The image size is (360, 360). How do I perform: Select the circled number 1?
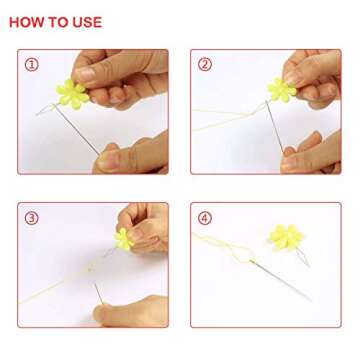click(32, 65)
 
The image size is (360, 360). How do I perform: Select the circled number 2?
click(205, 65)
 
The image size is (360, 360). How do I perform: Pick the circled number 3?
click(32, 218)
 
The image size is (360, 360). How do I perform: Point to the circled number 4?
click(205, 218)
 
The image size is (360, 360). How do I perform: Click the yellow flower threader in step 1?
click(73, 94)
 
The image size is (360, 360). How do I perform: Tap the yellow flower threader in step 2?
click(282, 89)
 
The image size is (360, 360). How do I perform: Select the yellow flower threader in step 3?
click(124, 239)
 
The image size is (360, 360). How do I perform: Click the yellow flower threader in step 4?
click(286, 237)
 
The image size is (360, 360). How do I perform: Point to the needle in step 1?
click(76, 129)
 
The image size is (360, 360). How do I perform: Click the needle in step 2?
click(274, 126)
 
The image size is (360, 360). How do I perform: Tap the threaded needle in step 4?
click(281, 279)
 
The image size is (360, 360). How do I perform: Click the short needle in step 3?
click(99, 293)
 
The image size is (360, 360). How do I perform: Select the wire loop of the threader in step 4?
click(303, 257)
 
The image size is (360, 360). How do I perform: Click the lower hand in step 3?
click(130, 311)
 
